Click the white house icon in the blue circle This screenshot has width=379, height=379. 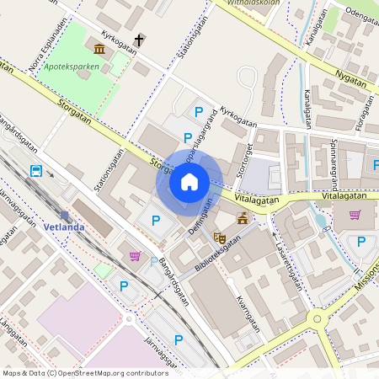189,181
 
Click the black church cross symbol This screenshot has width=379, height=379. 137,39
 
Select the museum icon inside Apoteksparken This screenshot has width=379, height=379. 100,50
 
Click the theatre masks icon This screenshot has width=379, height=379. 220,238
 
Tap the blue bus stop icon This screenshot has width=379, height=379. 36,171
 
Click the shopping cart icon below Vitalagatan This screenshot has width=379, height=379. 355,215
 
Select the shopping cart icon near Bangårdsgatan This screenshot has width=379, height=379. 134,255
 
